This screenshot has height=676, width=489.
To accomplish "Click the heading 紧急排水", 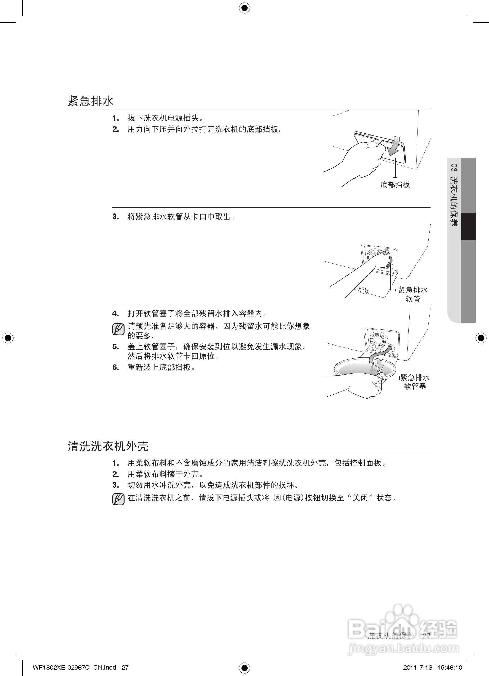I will pos(91,101).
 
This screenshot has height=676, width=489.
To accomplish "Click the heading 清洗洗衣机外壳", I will pos(108,446).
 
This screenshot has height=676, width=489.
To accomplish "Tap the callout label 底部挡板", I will pos(395,185).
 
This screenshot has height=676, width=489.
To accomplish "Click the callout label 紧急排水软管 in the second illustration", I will pos(413,294).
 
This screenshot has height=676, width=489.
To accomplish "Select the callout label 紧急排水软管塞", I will pos(415,382).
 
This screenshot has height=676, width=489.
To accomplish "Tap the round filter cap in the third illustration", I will pos(378,340).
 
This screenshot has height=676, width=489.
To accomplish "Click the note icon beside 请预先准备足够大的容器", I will pos(118,329).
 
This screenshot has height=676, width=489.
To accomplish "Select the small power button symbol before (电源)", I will pos(278,498).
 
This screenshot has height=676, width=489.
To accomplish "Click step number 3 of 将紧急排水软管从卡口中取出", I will pos(115,217).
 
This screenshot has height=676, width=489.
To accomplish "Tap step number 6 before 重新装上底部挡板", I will pos(115,368).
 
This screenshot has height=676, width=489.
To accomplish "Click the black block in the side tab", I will pos(468,226).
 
